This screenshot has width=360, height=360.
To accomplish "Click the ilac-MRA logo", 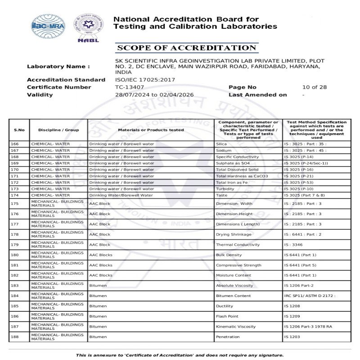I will (x=48, y=25).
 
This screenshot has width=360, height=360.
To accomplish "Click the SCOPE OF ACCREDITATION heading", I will (x=186, y=48).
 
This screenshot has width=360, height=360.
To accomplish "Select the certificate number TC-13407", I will (x=130, y=87).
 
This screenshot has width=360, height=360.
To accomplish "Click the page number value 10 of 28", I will (x=315, y=87).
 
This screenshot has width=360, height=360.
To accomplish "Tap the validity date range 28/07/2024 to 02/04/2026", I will (x=154, y=95).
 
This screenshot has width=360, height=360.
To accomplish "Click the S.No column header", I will (x=19, y=130).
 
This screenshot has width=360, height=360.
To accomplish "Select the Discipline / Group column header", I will (x=58, y=130).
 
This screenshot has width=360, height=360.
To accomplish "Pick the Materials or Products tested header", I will (x=151, y=130).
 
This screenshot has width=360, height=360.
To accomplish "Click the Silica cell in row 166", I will (x=221, y=144).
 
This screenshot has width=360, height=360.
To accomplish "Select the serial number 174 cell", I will (x=15, y=195).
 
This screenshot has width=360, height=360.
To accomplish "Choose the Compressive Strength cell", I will (x=238, y=265).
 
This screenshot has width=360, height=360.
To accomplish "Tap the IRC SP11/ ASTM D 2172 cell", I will (x=310, y=296).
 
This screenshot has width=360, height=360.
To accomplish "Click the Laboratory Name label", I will (x=58, y=67).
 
